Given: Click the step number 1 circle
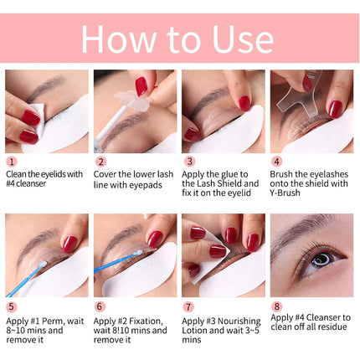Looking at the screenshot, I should pyautogui.click(x=12, y=162).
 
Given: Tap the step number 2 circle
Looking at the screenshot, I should pyautogui.click(x=100, y=162).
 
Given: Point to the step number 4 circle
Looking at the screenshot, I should pyautogui.click(x=276, y=162).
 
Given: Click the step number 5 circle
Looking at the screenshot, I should pyautogui.click(x=12, y=307).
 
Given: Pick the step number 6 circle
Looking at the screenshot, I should pyautogui.click(x=100, y=307).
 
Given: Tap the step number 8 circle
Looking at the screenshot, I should pyautogui.click(x=276, y=307).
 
